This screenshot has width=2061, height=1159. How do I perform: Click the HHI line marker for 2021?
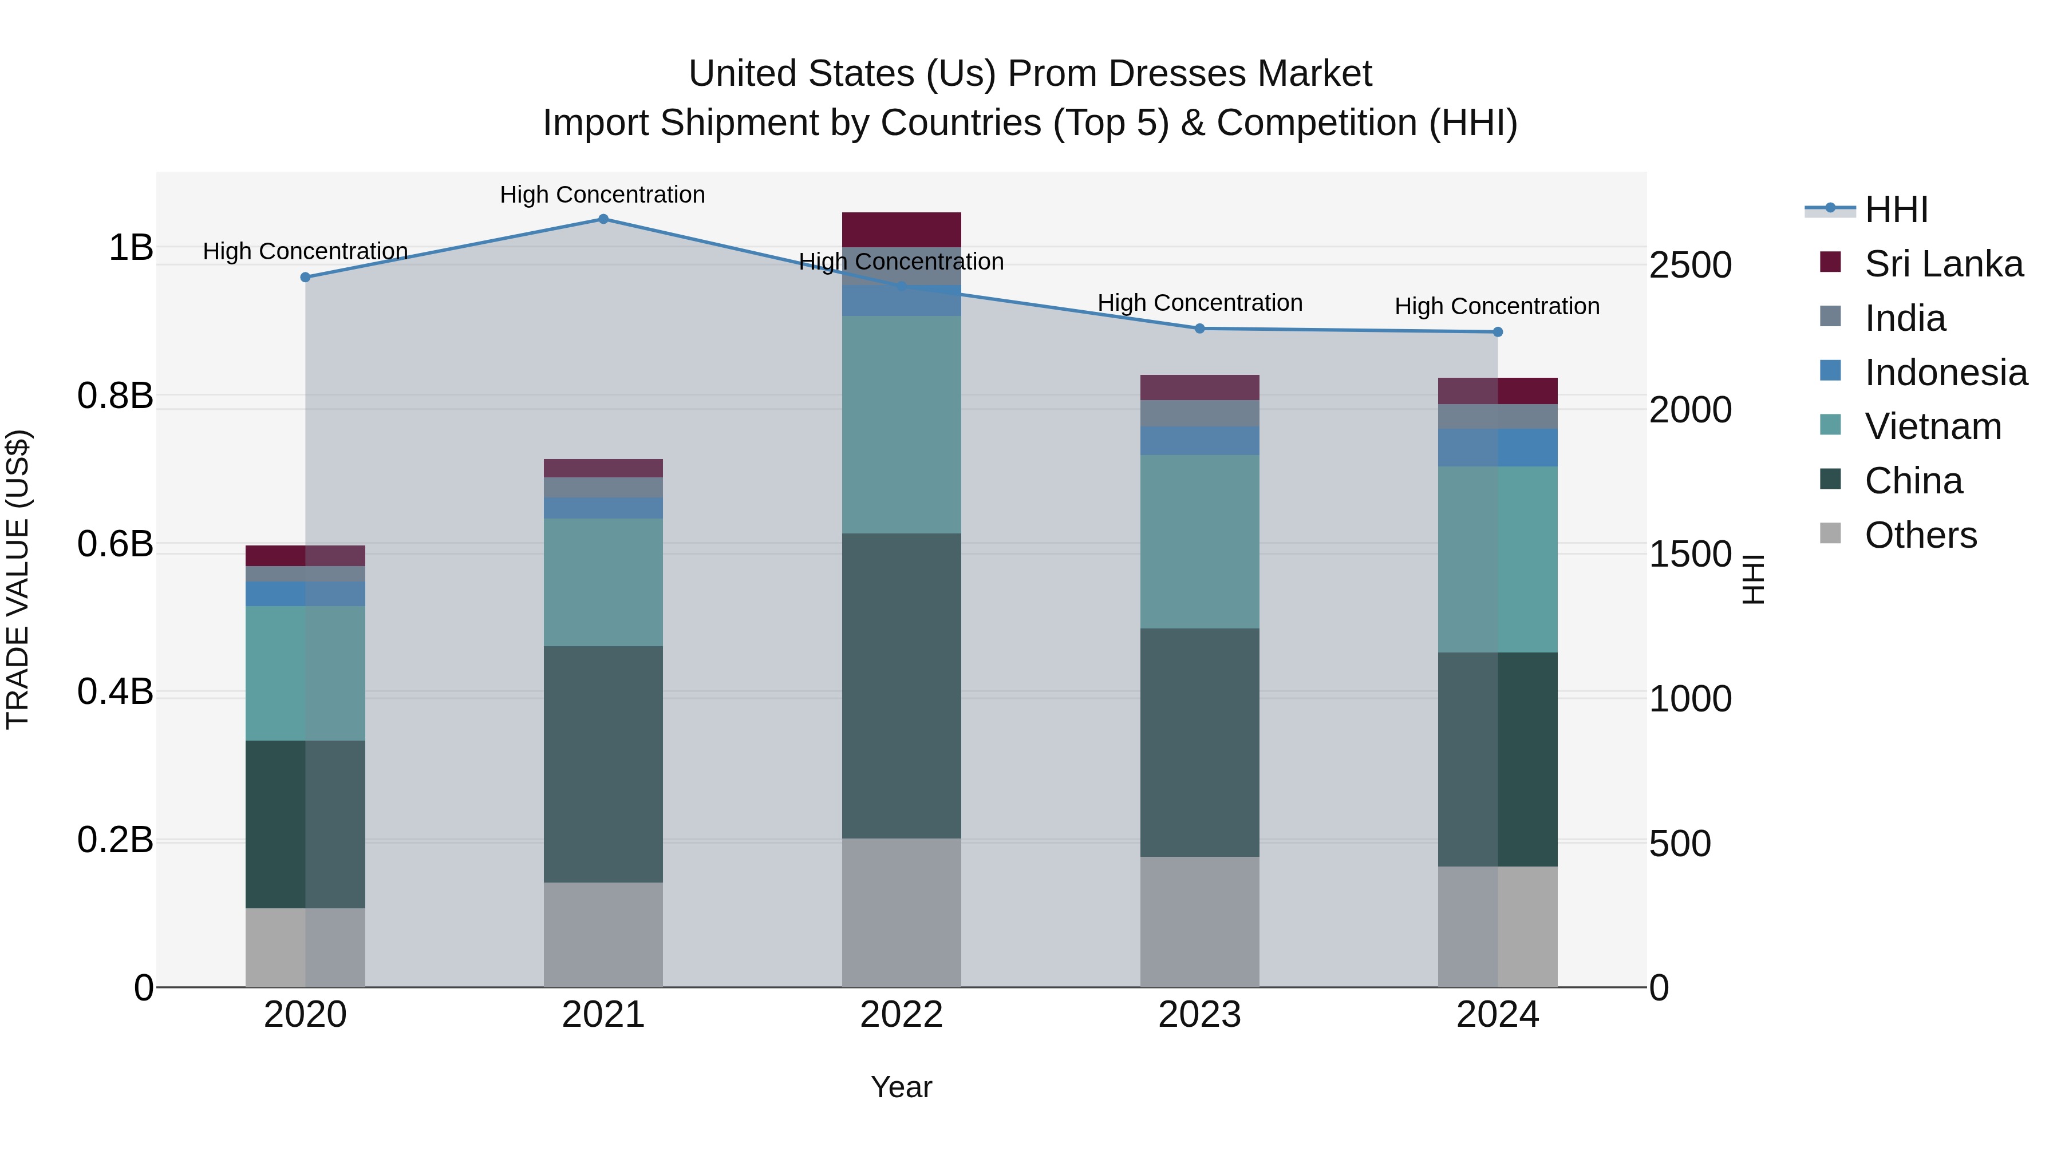click(603, 219)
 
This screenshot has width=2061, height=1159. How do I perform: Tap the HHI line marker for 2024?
click(1498, 332)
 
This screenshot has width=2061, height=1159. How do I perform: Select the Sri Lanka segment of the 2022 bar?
click(902, 230)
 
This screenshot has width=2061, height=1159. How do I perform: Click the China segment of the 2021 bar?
click(603, 764)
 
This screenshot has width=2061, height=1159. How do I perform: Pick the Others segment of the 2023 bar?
click(1199, 921)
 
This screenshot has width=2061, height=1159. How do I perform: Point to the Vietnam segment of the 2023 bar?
click(1199, 541)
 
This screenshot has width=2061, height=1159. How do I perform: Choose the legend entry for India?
click(1904, 318)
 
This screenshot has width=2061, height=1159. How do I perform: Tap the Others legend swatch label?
click(1920, 535)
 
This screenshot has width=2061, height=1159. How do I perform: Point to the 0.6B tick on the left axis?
click(115, 544)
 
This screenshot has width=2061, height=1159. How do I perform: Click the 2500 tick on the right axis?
click(1690, 265)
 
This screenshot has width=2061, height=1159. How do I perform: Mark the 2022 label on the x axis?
click(902, 1015)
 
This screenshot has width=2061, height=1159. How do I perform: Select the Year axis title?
click(902, 1087)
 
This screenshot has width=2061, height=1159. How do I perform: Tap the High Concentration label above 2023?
click(1199, 303)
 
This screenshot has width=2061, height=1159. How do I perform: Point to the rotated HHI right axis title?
click(1752, 579)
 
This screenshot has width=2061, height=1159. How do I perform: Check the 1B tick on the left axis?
click(131, 248)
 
